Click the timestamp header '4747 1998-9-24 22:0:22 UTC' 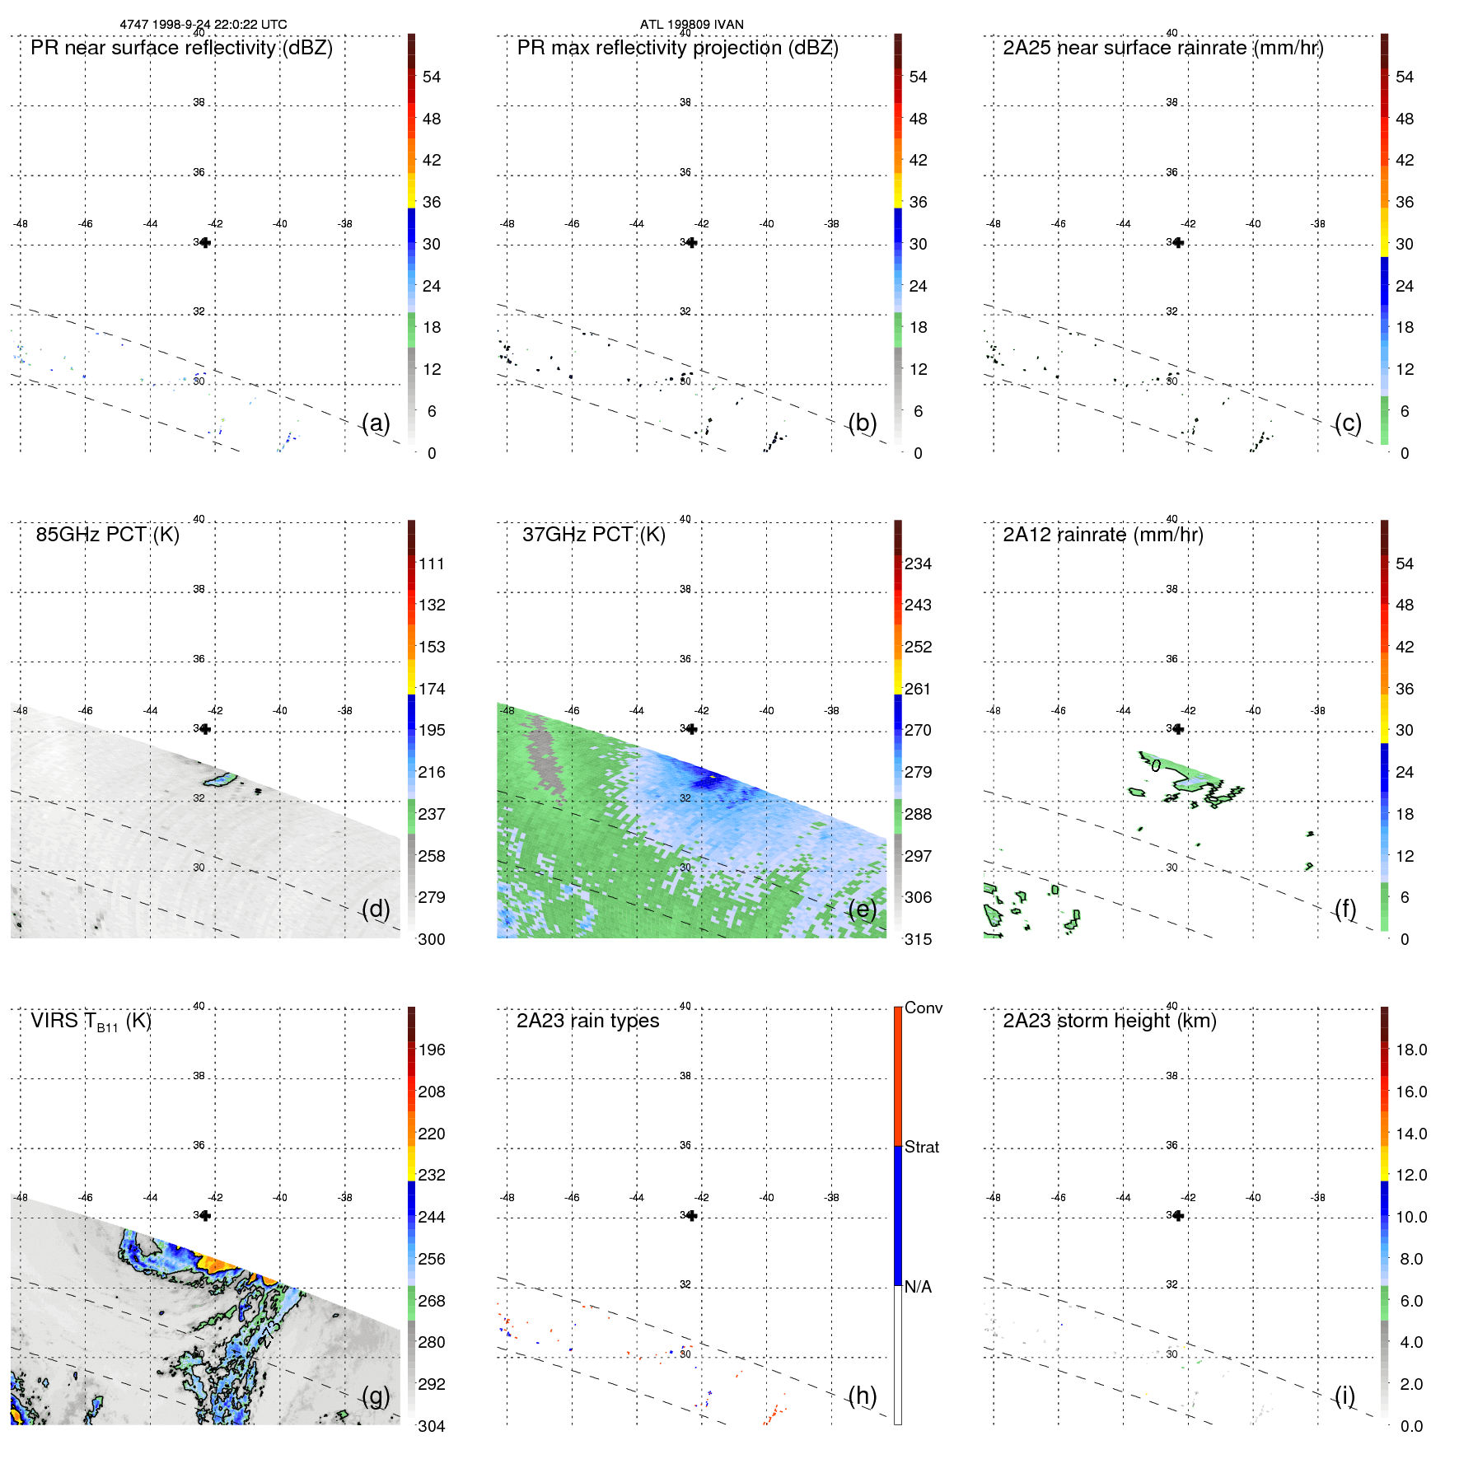pos(203,25)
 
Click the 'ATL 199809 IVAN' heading pos(691,25)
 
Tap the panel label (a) pos(376,423)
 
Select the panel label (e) pos(862,909)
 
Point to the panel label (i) pos(1344,1396)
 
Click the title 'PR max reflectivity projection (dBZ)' pos(677,48)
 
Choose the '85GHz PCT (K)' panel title pos(107,535)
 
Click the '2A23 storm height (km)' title pos(1109,1021)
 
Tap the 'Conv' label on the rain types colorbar pos(923,1008)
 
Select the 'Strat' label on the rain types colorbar pos(921,1148)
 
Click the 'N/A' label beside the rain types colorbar pos(918,1287)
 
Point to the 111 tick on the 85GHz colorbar pos(431,564)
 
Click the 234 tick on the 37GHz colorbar pos(918,564)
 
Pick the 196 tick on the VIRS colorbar pos(431,1050)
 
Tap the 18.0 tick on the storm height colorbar pos(1410,1050)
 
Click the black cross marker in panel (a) pos(205,242)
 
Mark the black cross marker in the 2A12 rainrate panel pos(1178,729)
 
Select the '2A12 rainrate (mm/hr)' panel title pos(1102,535)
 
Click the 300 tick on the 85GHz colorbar pos(431,940)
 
